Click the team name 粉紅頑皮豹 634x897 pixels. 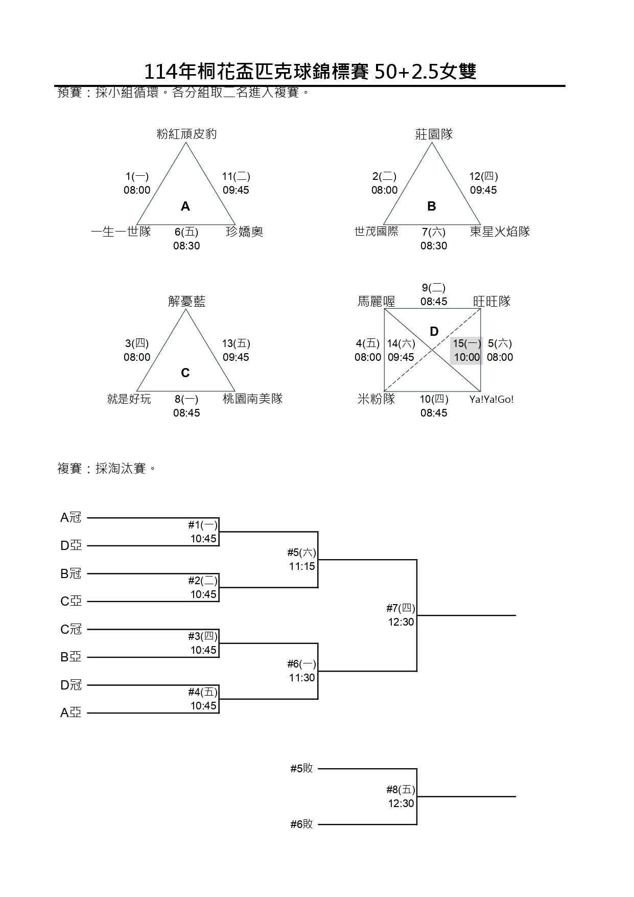click(x=186, y=134)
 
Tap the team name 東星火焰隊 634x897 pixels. click(x=500, y=232)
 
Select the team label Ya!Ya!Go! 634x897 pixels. click(x=491, y=400)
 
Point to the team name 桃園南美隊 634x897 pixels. click(x=252, y=399)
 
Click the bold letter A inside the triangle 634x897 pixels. click(x=185, y=206)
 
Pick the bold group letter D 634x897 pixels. click(x=434, y=332)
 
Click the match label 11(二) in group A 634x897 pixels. click(x=236, y=177)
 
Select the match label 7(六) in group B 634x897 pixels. click(x=434, y=233)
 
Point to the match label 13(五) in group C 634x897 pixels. click(x=236, y=344)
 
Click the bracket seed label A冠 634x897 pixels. click(x=71, y=518)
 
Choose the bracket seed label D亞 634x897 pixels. click(x=71, y=546)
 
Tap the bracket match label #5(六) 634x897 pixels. click(x=301, y=553)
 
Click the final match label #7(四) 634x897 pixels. click(x=401, y=608)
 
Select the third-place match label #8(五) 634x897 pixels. click(x=401, y=790)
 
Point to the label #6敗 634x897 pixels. click(x=301, y=824)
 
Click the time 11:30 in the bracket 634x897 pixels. click(x=302, y=678)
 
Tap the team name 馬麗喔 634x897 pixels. click(x=377, y=302)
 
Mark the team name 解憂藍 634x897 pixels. click(x=186, y=302)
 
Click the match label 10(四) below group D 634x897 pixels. click(x=434, y=400)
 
